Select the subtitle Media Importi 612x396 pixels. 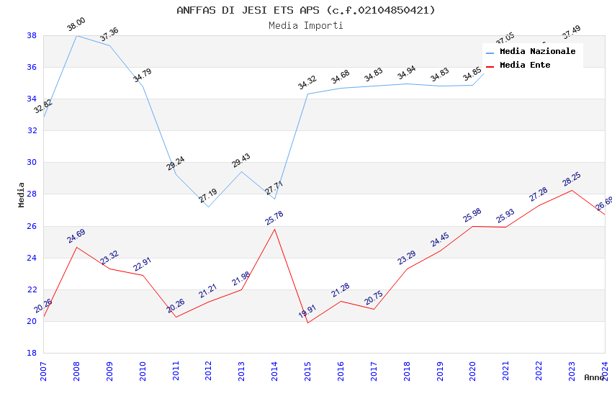click(x=306, y=26)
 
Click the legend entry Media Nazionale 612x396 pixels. click(x=537, y=51)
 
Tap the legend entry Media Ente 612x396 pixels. click(x=525, y=65)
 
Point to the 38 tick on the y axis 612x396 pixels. click(x=32, y=35)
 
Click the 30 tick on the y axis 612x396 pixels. click(x=32, y=162)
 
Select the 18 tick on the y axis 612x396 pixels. click(x=32, y=353)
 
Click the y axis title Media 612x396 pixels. click(x=22, y=194)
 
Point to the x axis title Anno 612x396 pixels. click(x=594, y=377)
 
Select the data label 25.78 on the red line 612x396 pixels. click(x=274, y=218)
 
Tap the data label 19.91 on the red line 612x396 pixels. click(x=307, y=312)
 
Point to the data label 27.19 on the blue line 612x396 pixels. click(x=208, y=196)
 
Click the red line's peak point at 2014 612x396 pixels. click(x=275, y=229)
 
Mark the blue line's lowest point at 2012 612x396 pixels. click(x=209, y=207)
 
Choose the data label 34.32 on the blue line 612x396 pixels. click(x=307, y=83)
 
